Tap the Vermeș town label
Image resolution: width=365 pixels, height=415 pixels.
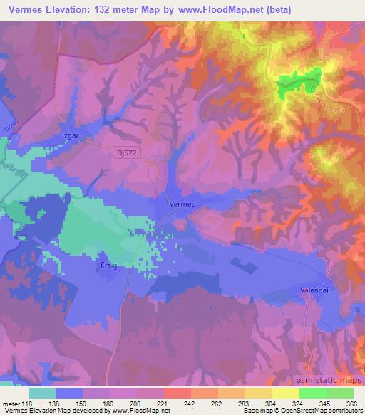point(180,203)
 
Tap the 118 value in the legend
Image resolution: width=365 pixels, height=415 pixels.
point(24,403)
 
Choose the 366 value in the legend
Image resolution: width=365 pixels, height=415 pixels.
point(351,403)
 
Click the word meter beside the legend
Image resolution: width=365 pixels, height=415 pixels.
point(9,403)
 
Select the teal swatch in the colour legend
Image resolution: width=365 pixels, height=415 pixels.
point(42,393)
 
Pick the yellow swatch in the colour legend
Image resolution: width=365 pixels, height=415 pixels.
point(285,393)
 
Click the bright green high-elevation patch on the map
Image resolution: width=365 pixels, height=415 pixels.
point(296,83)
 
